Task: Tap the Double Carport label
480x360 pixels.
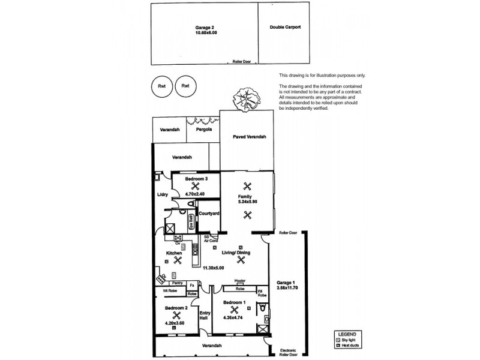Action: (286, 28)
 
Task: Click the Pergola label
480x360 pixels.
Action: (198, 129)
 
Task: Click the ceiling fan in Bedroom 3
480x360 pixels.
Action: (194, 185)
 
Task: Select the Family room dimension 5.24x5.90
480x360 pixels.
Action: (245, 202)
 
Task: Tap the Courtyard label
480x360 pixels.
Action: (208, 213)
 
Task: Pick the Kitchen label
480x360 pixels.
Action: (175, 253)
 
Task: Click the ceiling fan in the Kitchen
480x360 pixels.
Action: (176, 260)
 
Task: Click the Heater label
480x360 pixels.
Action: (240, 281)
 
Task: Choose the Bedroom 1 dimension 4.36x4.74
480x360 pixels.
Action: (232, 318)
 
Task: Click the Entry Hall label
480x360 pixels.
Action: (205, 315)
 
